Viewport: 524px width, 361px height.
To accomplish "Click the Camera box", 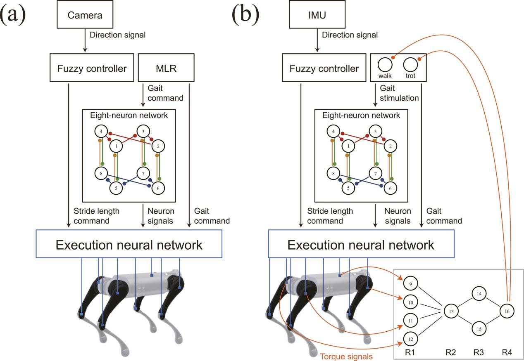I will click(85, 15).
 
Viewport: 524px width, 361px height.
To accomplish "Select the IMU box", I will click(317, 15).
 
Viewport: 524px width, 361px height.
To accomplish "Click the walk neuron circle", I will click(385, 65).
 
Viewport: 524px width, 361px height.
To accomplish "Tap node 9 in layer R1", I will click(411, 284).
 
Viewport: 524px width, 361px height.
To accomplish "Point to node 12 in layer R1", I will click(411, 339).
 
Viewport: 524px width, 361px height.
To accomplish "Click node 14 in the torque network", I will click(479, 294).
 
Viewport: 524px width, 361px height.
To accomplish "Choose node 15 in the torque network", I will click(479, 329).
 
